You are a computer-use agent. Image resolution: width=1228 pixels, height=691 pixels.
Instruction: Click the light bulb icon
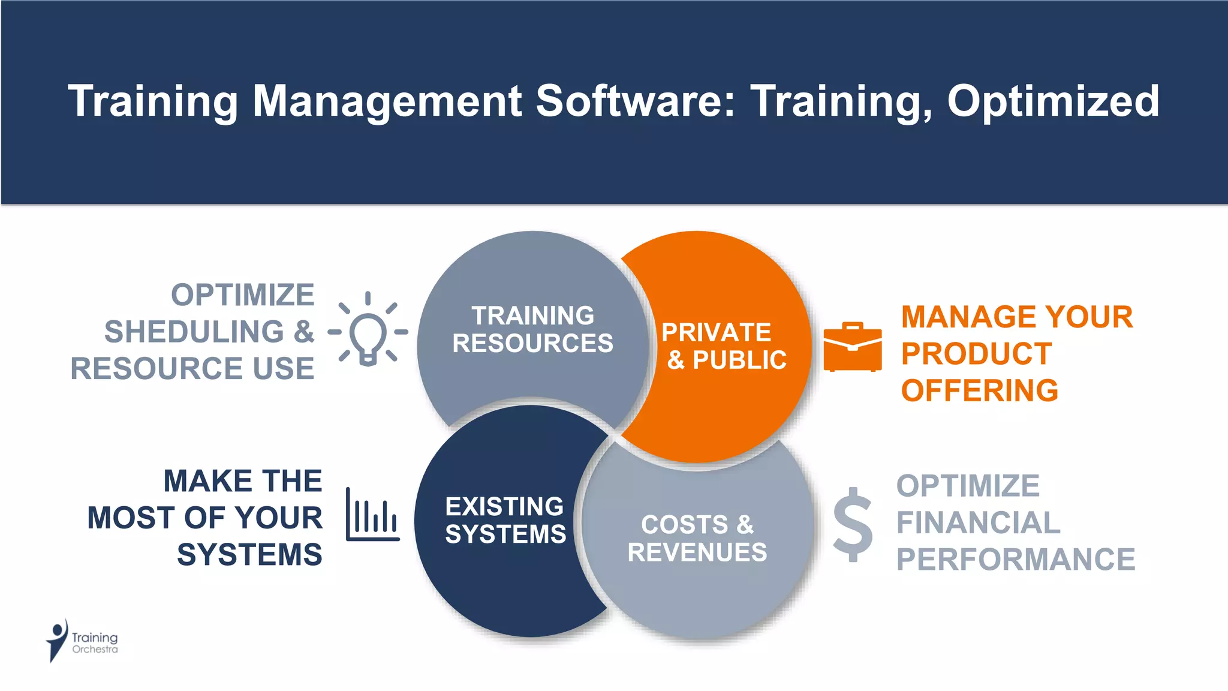point(368,332)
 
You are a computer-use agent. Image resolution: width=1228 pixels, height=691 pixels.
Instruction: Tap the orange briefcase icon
point(852,347)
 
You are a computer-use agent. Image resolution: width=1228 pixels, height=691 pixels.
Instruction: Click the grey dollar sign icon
point(853,524)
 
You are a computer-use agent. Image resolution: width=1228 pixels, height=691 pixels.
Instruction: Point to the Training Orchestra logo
point(82,641)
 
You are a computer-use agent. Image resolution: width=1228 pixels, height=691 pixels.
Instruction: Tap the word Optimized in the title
point(1052,101)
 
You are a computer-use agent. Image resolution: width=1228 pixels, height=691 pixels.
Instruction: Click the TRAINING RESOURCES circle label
point(532,329)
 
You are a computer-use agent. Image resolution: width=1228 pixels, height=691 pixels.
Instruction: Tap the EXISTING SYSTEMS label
point(505,520)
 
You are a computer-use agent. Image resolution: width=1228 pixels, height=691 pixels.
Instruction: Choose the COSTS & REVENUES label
point(697,538)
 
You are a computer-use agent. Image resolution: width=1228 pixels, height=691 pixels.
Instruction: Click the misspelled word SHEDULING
point(194,332)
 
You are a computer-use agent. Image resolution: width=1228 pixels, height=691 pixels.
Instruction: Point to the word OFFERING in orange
point(979,390)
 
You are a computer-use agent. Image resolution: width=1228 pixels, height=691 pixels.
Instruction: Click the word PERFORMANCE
point(1015,560)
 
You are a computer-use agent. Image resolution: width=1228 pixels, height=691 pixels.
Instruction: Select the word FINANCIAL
point(978,522)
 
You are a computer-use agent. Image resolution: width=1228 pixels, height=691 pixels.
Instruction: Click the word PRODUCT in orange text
point(976,354)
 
